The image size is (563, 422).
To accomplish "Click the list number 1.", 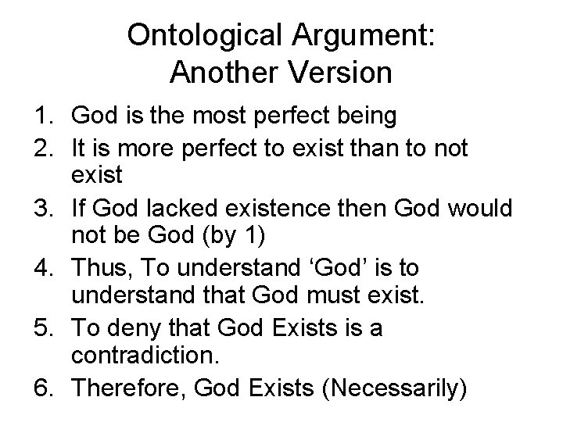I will [44, 116].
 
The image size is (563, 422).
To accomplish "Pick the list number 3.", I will [44, 209].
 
